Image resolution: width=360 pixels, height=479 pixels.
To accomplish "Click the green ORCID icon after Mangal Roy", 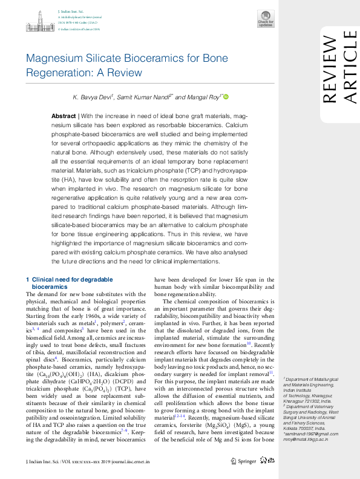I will click(226, 97).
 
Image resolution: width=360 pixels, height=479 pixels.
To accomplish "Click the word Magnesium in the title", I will click(54, 59).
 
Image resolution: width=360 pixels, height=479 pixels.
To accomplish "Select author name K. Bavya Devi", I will click(92, 97).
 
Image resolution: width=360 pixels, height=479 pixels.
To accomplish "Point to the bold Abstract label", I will click(64, 116).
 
